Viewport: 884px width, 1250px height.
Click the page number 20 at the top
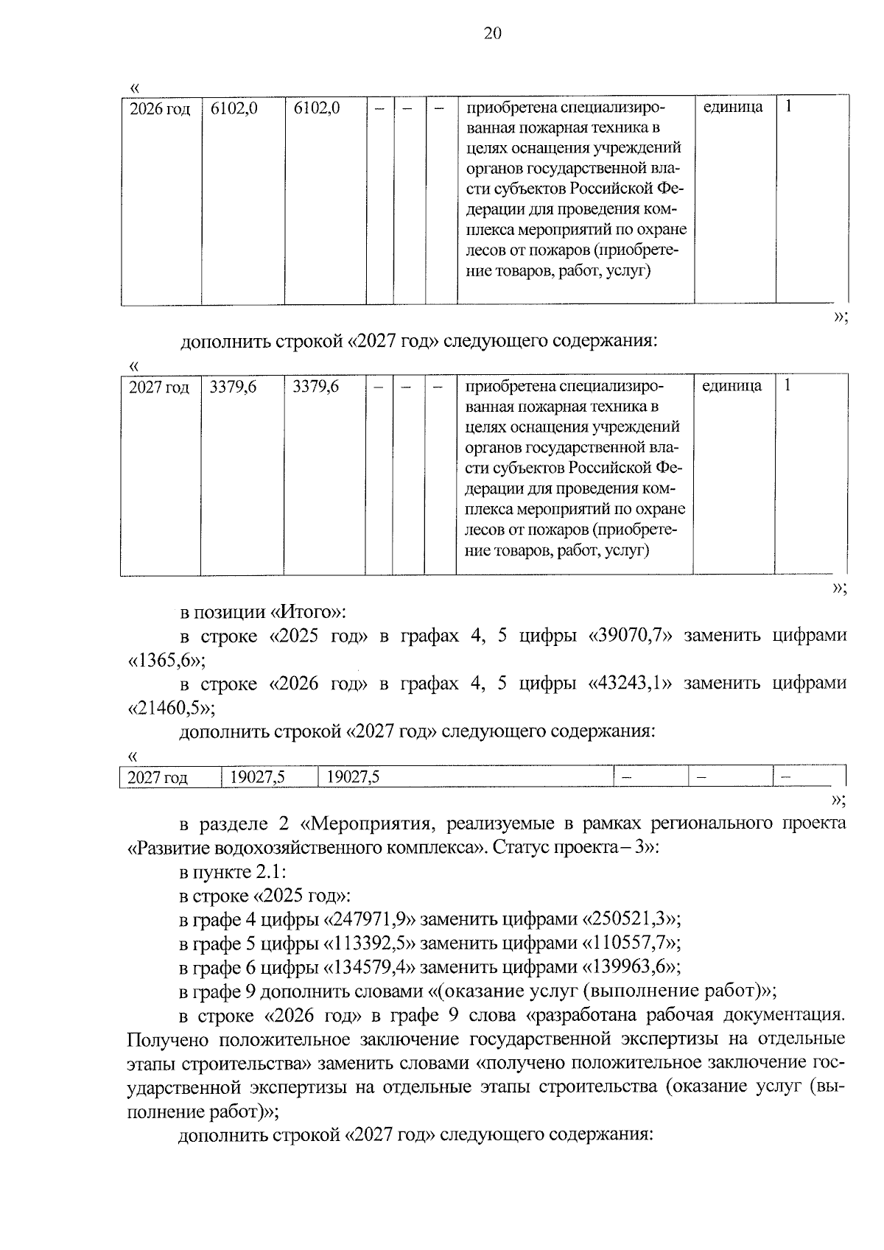(493, 33)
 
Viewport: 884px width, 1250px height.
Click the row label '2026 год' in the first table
(160, 109)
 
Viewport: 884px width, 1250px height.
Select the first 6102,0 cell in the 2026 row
(234, 109)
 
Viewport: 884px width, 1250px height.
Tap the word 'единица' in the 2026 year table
(733, 107)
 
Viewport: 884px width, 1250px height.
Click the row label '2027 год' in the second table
(159, 387)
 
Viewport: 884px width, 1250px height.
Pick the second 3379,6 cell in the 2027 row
(315, 386)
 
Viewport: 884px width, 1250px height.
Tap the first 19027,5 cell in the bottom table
(257, 777)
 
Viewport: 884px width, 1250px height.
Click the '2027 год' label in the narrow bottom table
(158, 777)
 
